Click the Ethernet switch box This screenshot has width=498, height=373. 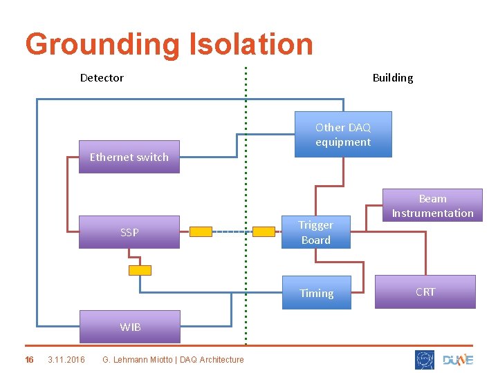click(129, 157)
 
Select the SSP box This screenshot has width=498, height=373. click(129, 232)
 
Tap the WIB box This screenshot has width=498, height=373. click(129, 327)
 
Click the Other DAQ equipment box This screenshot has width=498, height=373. click(343, 134)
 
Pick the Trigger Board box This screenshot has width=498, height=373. click(315, 232)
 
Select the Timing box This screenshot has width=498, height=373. click(316, 293)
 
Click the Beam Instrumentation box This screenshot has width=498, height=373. click(432, 206)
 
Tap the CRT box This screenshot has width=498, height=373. click(425, 291)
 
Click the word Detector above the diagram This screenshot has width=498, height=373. click(102, 77)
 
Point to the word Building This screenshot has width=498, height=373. click(392, 77)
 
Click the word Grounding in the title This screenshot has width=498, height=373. click(102, 44)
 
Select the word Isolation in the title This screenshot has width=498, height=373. click(250, 44)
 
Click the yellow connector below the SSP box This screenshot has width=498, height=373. click(140, 270)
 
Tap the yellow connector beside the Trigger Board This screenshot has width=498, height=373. click(264, 232)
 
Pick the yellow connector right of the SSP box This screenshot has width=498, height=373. click(201, 232)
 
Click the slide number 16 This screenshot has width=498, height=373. click(29, 359)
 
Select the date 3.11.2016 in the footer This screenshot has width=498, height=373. click(66, 359)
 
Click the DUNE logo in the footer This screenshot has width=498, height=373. click(458, 360)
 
